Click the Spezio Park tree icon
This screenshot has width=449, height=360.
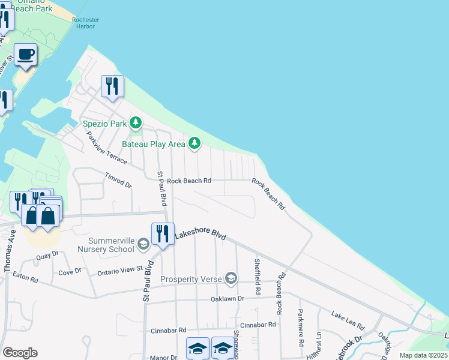point(136,124)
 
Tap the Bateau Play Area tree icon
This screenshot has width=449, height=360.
point(194,143)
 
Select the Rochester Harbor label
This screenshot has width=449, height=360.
point(85,23)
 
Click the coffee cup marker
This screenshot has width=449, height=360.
point(26,55)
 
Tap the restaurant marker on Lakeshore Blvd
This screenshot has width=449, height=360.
point(162,233)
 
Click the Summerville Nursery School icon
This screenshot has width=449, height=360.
point(143,244)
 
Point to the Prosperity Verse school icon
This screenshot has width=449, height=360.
point(231,278)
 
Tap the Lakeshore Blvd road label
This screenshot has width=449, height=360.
point(200,236)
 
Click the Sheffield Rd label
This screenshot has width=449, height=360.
point(257,276)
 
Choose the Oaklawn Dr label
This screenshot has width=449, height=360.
point(228,298)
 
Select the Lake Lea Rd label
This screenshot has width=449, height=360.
point(348,320)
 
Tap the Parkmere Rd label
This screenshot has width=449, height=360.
point(300,327)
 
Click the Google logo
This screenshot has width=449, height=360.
point(20,353)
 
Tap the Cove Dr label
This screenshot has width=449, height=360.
point(70,271)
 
